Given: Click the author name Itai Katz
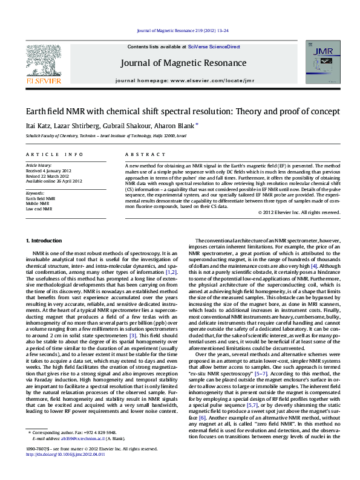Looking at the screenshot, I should [36, 126].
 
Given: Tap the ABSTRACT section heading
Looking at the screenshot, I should [140, 155].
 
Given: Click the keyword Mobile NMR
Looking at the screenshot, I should [38, 204].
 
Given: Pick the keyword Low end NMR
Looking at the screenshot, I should [39, 209].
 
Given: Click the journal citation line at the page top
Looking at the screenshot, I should [182, 30].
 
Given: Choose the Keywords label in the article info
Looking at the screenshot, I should [36, 193].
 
